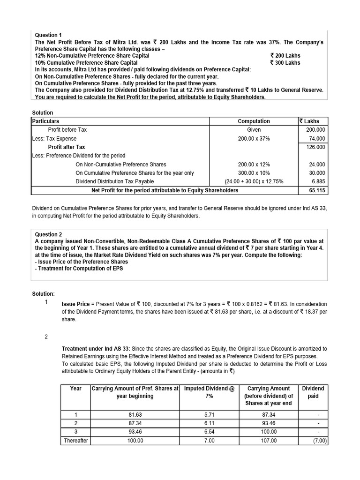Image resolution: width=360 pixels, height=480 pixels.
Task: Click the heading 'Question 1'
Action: [49, 35]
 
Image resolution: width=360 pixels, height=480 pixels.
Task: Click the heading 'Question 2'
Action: [49, 234]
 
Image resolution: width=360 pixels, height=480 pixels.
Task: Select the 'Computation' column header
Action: [254, 121]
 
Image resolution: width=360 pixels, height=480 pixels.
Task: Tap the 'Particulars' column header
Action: [46, 121]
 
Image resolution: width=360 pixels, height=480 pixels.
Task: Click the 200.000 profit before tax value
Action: [315, 130]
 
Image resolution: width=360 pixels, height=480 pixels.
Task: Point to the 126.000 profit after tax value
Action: [315, 147]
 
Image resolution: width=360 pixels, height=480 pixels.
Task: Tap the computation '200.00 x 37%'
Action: [254, 139]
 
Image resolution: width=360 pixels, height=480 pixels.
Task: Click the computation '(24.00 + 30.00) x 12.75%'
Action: [254, 181]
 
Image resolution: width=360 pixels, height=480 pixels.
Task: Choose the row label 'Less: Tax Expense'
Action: [54, 139]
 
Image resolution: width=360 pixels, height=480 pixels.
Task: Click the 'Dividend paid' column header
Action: [313, 392]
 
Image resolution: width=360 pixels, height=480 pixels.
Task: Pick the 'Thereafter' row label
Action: [75, 441]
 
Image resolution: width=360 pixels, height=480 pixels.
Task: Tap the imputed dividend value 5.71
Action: [209, 414]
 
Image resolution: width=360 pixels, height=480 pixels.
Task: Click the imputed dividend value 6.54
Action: [209, 432]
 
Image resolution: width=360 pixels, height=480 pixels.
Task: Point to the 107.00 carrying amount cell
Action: [269, 441]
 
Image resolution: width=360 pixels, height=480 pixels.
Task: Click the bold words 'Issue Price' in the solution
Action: [75, 304]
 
